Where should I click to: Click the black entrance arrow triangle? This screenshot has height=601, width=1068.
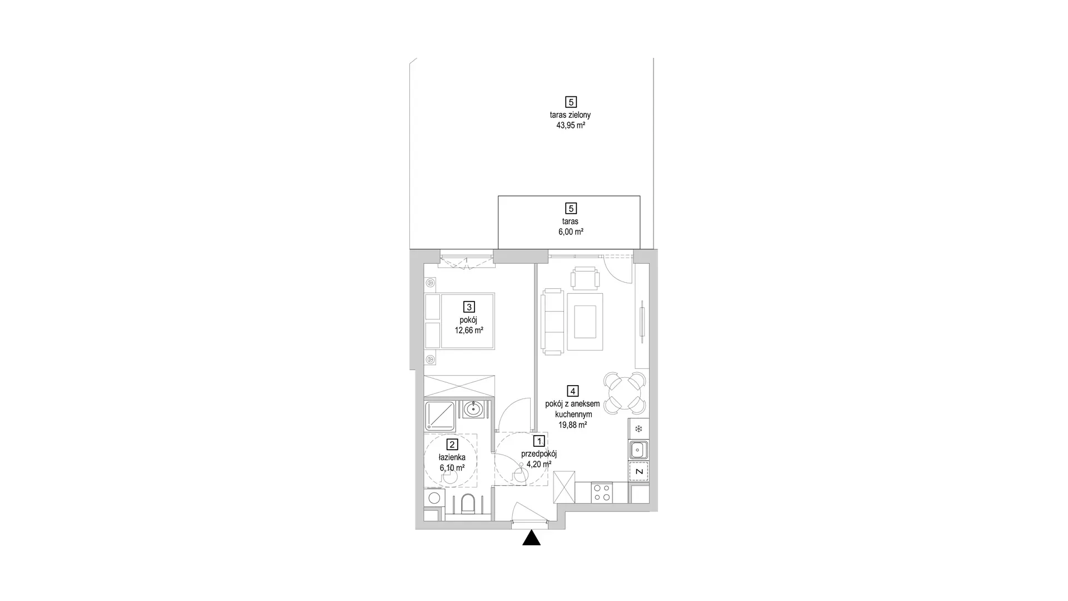(x=532, y=538)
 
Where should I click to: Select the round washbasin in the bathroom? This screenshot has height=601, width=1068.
(x=473, y=410)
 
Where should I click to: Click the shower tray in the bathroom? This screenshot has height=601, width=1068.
(x=439, y=416)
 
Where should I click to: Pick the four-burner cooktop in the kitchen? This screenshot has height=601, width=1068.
(x=601, y=493)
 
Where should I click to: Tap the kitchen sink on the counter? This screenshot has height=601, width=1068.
(x=638, y=450)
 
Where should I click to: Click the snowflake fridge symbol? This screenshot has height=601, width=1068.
(x=639, y=428)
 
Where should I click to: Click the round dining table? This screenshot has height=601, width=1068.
(x=625, y=393)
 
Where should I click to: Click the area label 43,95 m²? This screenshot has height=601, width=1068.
(x=571, y=126)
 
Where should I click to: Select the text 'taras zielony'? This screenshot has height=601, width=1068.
(x=570, y=115)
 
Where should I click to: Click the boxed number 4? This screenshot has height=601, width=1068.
(x=572, y=391)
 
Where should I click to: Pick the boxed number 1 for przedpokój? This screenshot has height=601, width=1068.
(x=538, y=441)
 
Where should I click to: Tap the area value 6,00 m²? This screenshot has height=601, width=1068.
(x=571, y=232)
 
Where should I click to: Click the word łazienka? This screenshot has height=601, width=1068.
(x=452, y=457)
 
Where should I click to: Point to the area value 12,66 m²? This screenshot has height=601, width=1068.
(x=469, y=331)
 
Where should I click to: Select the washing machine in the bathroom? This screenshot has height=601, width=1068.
(x=434, y=498)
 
